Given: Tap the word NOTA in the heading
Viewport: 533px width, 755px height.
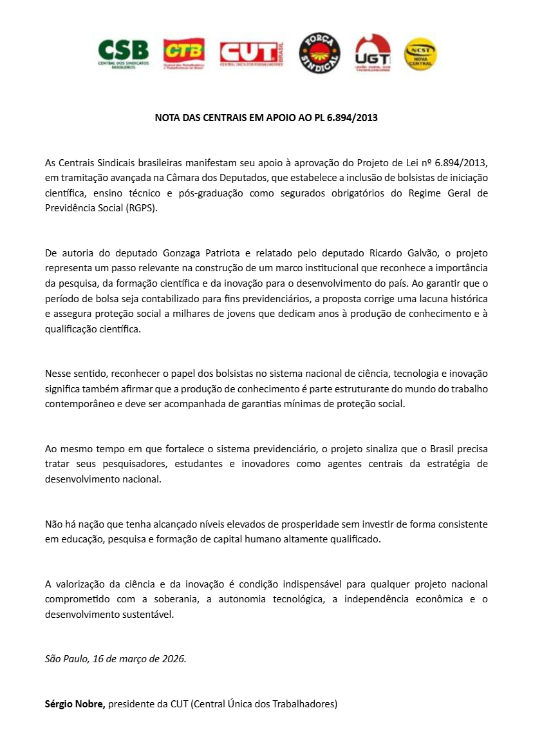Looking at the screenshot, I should click(168, 119).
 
